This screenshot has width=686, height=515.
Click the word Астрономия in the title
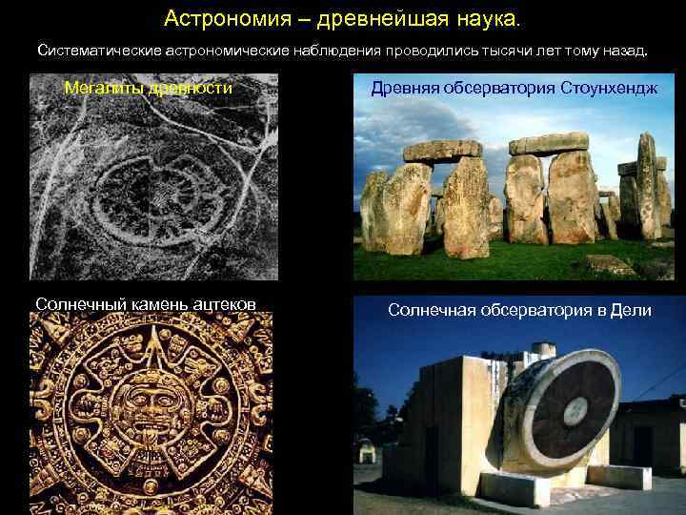tap(213, 18)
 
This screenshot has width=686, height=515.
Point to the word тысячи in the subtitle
tap(514, 49)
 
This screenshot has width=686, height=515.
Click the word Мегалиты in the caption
tap(99, 89)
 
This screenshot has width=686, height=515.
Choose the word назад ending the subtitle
tap(625, 49)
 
